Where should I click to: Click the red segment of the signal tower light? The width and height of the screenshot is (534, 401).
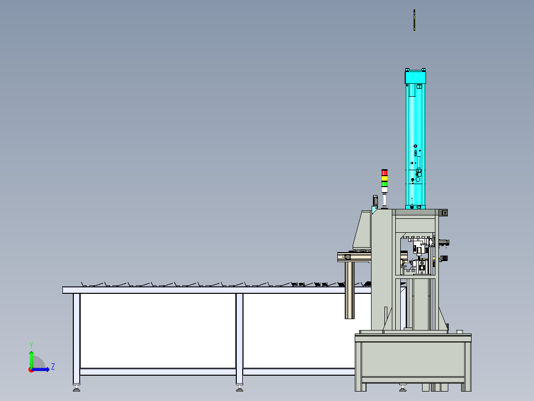384,173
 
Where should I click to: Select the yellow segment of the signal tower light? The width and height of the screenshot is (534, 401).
384,179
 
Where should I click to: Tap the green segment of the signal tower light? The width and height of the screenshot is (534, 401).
384,184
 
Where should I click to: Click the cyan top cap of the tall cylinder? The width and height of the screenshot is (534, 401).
415,77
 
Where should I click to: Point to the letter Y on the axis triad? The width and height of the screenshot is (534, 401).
31,345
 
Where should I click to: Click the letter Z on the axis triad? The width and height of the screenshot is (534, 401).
53,367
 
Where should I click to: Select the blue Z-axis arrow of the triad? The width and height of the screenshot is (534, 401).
41,369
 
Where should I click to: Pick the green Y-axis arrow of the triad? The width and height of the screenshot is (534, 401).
31,360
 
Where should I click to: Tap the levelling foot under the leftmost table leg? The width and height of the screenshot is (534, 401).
76,388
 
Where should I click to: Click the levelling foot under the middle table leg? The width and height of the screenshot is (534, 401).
239,388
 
